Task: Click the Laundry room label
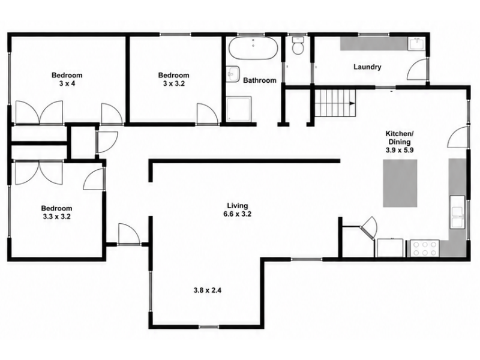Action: pos(367,67)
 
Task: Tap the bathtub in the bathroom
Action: pos(253,49)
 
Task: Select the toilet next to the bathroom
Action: pos(298,46)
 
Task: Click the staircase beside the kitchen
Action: pos(335,103)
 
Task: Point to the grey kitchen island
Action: pos(400,184)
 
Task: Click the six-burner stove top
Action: pos(425,248)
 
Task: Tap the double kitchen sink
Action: pos(457,212)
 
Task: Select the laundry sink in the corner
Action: pos(416,44)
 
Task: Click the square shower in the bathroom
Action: pos(239,109)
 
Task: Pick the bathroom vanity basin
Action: pos(233,74)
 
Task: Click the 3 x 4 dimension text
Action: pos(67,83)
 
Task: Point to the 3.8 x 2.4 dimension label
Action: pos(207,290)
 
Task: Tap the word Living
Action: pos(238,206)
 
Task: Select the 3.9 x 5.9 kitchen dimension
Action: pos(400,150)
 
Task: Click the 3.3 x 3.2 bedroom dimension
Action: pos(56,217)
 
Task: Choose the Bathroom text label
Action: pos(260,80)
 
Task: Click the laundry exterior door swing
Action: pos(416,70)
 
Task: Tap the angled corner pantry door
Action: pos(369,228)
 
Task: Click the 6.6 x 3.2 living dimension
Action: pos(237,214)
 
